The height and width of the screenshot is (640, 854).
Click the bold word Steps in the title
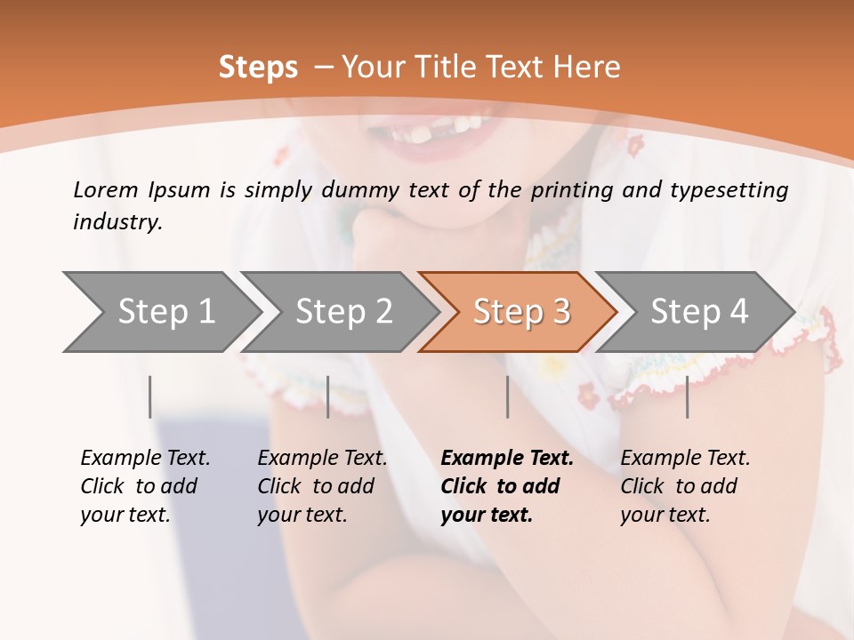(258, 68)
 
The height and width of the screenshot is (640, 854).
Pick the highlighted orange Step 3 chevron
(520, 311)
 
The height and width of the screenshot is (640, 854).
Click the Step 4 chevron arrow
(698, 311)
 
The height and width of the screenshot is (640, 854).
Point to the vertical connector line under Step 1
(150, 396)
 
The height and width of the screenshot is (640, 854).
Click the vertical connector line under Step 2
(328, 396)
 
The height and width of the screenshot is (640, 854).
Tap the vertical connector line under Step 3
(507, 396)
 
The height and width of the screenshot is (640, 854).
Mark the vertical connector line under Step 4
(687, 396)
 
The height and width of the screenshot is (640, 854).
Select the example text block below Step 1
(145, 486)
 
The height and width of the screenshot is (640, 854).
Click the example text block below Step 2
(322, 486)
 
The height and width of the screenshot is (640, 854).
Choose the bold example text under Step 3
(507, 486)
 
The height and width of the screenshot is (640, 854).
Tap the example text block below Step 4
(685, 486)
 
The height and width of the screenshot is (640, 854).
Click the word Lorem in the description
(106, 189)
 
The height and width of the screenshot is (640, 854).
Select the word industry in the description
(117, 222)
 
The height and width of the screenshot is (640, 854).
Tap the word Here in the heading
(587, 68)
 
